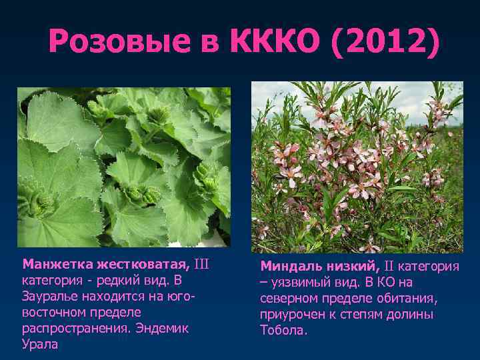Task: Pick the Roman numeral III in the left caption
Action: tap(201, 264)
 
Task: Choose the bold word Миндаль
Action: tap(288, 267)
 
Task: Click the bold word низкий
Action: tap(349, 267)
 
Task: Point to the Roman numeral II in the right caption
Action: tap(389, 267)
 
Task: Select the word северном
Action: tap(291, 299)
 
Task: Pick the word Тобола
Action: tap(283, 330)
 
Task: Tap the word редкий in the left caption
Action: tap(111, 280)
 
